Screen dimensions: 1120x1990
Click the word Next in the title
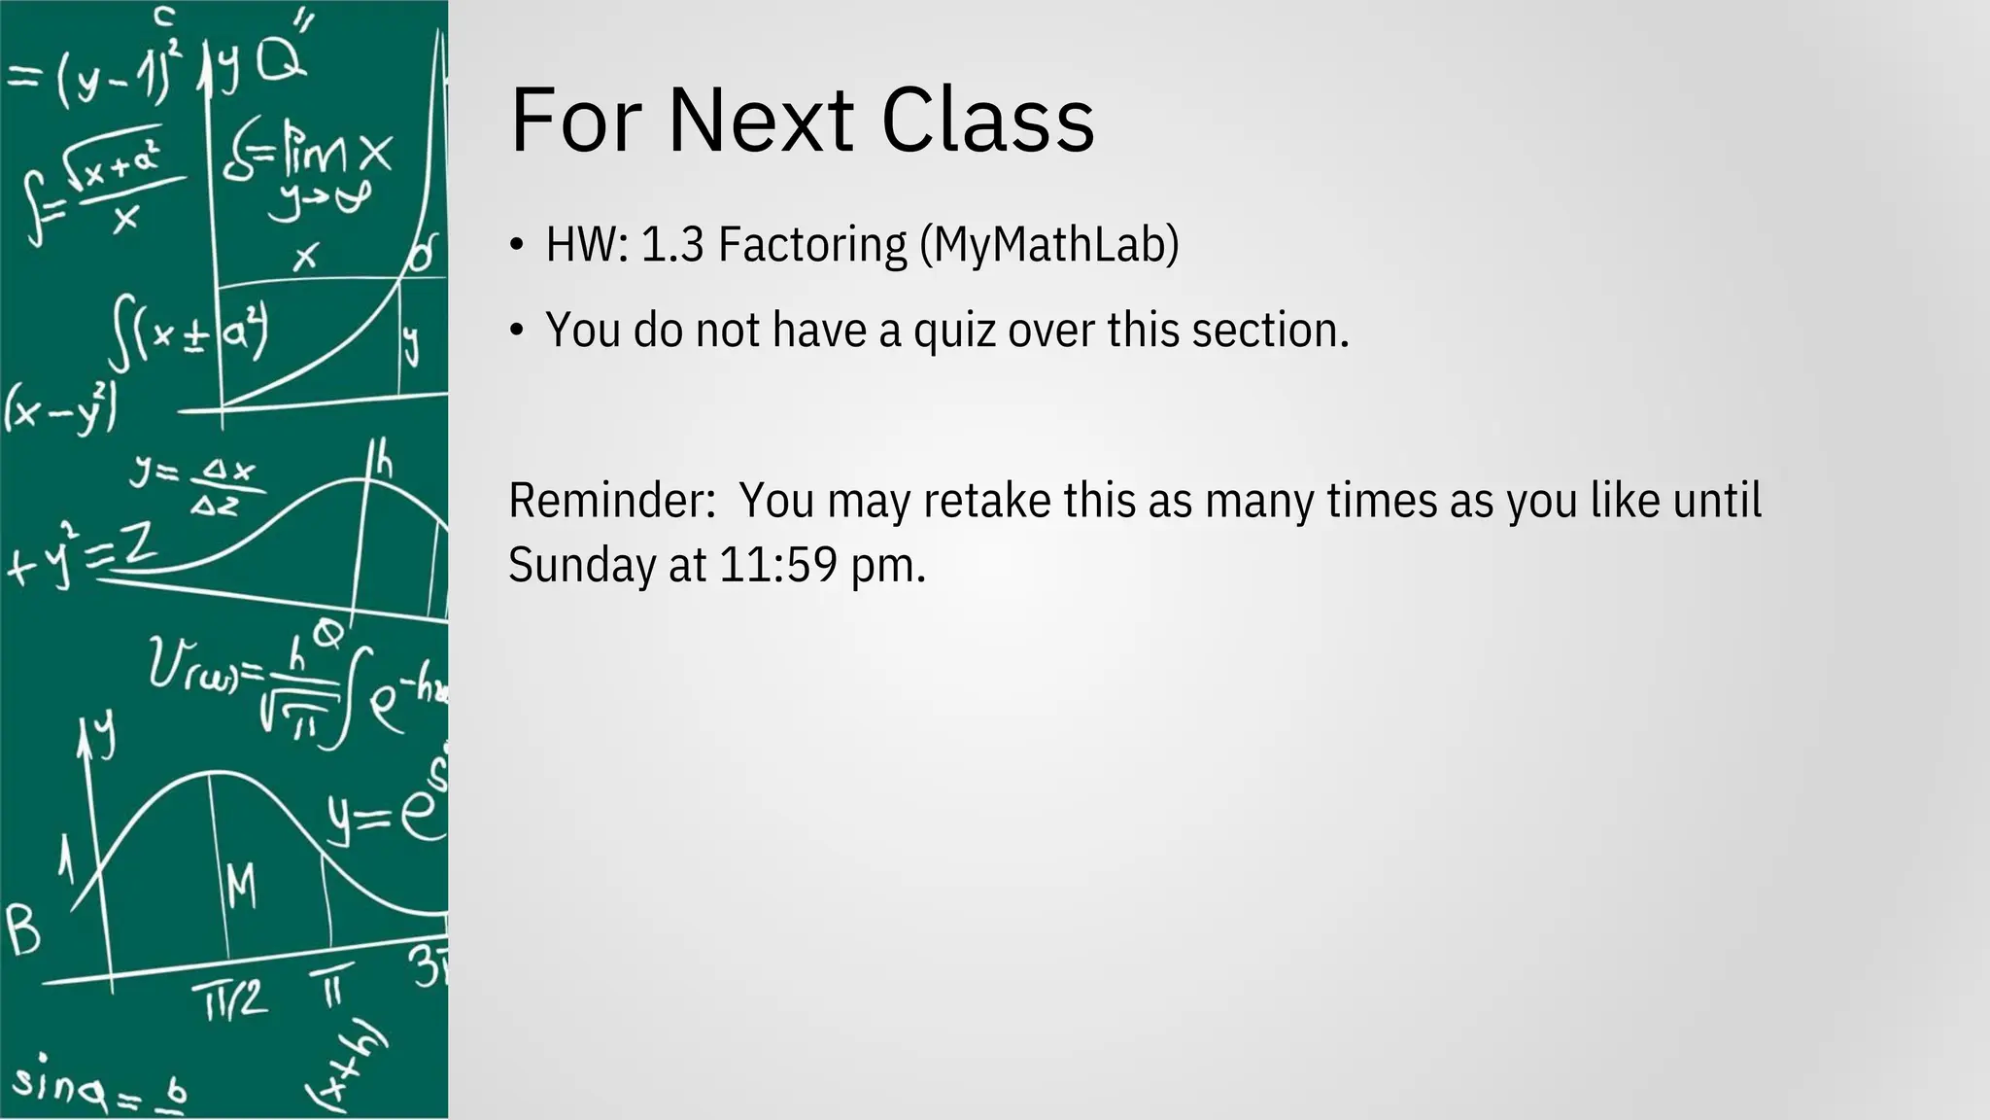760,121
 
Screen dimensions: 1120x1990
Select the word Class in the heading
987,121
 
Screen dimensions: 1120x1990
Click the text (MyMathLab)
1049,244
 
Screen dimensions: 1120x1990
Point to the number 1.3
672,244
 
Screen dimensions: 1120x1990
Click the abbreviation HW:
587,244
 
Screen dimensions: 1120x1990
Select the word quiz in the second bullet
954,331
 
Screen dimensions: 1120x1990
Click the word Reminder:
612,501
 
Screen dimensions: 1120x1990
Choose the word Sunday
582,565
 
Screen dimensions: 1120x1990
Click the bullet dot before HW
517,245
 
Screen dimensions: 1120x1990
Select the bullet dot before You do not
517,332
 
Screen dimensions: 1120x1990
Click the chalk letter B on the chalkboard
23,929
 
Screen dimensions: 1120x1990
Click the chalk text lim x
336,154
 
